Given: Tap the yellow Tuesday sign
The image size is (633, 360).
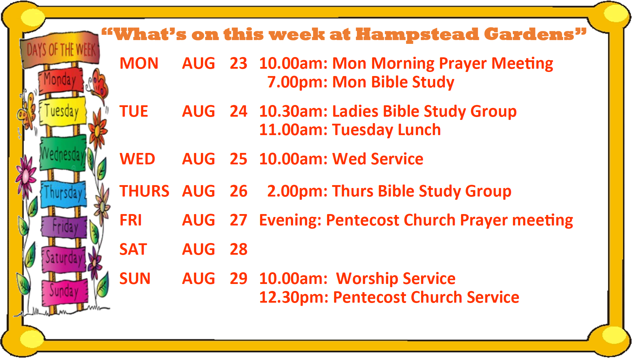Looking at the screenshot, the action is tap(63, 111).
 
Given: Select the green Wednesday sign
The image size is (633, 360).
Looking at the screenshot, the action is tap(63, 153).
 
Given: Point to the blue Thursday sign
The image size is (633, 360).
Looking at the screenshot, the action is tap(64, 193).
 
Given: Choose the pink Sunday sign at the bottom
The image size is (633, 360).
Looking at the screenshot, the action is tap(65, 291).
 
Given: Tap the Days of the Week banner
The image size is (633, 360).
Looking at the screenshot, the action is tap(60, 49).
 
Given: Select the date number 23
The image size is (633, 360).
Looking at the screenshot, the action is tap(238, 63).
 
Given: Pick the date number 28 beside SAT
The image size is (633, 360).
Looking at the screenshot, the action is tap(238, 249).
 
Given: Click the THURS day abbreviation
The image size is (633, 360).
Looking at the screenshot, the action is tap(144, 191).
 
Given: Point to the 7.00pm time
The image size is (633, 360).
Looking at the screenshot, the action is tap(297, 82).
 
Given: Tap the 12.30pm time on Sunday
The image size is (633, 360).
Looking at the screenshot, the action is tap(294, 297).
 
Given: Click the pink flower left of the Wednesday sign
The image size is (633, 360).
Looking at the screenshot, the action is tap(26, 175).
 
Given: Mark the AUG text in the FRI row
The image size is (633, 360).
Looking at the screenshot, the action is tap(198, 220).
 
